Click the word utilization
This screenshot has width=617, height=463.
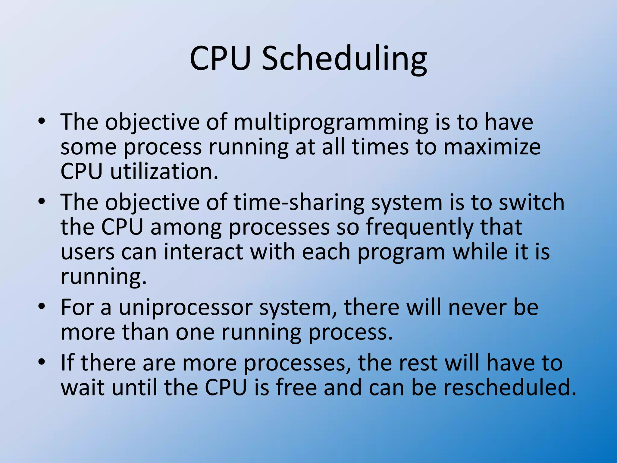coord(164,172)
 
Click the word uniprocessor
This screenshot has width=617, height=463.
coord(185,308)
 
